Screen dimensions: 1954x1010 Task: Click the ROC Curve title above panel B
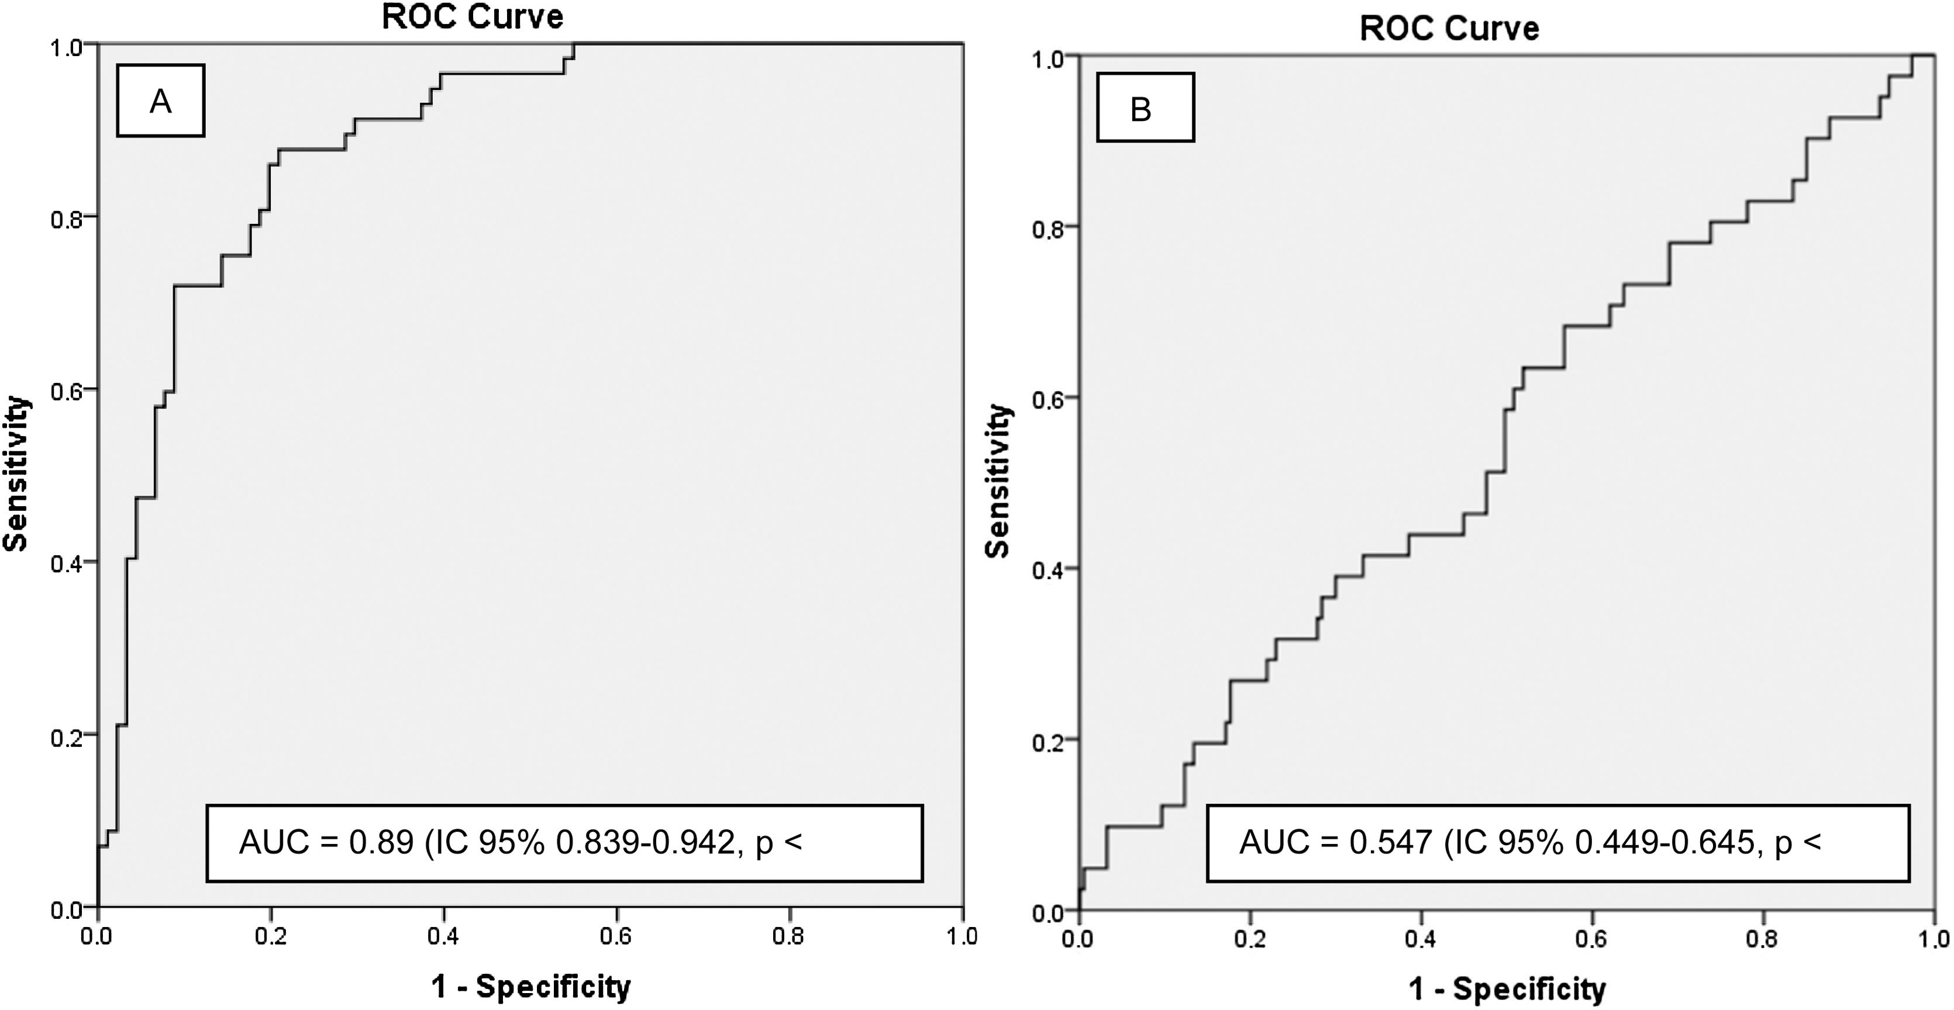(x=1449, y=29)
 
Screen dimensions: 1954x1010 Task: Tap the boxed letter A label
(x=160, y=101)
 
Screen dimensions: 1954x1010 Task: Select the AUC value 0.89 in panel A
(x=381, y=842)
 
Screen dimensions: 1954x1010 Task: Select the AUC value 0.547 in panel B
(x=1390, y=842)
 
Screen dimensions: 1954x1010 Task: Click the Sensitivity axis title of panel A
(x=16, y=474)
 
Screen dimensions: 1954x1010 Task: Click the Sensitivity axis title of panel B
(x=998, y=482)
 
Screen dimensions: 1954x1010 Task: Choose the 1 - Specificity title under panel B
(x=1507, y=989)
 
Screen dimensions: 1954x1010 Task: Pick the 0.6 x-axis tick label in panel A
(x=615, y=936)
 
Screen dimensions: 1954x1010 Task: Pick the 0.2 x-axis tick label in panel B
(x=1249, y=939)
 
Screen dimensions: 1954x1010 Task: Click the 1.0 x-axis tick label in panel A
(x=962, y=936)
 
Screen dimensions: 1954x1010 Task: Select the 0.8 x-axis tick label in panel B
(x=1762, y=939)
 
